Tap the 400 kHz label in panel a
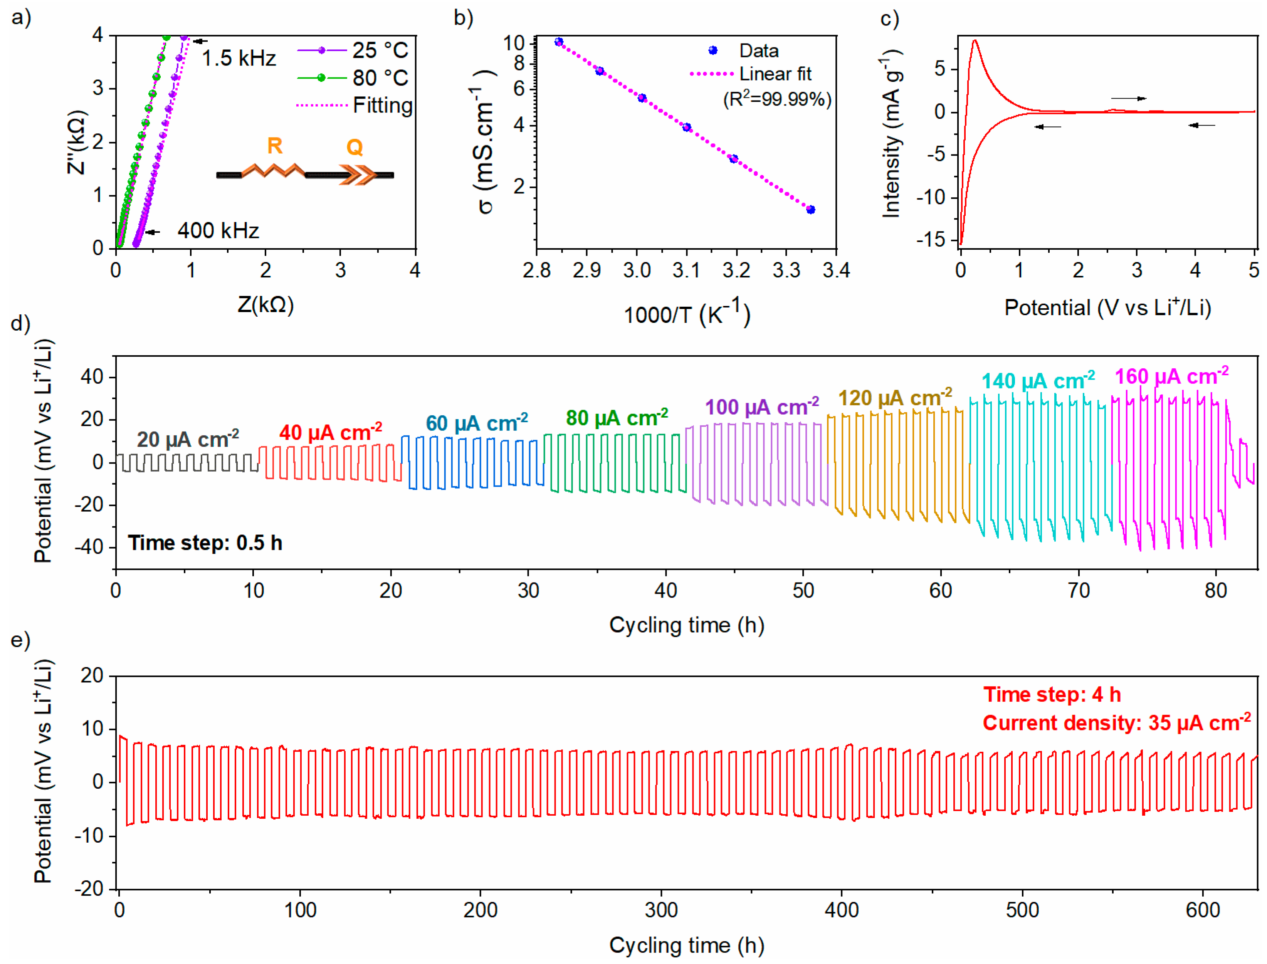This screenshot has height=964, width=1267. (218, 231)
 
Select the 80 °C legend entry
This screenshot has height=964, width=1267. (380, 77)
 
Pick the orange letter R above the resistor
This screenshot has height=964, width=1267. (275, 146)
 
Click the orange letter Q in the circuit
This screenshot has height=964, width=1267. (355, 148)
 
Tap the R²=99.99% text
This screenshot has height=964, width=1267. (777, 99)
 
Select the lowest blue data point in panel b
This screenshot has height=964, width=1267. (810, 210)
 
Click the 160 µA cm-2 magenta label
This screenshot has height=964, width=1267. (1171, 377)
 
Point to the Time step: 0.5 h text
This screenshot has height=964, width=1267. (205, 543)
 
